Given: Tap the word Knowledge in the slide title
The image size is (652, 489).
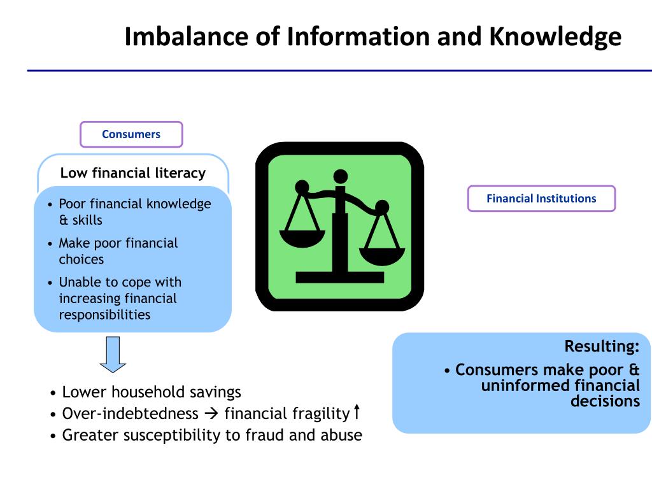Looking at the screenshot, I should (x=555, y=36).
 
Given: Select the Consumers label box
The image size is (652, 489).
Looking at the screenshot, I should (x=131, y=134).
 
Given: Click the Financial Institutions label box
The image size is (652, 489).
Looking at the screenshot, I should (x=541, y=199).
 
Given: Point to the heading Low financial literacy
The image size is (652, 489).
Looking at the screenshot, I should (x=133, y=173).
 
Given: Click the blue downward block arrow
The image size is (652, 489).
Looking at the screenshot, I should (x=113, y=354).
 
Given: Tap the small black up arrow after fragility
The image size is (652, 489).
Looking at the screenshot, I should (x=357, y=412).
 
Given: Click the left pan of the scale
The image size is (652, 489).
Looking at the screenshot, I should (x=302, y=238).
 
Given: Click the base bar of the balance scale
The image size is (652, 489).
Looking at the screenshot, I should (x=340, y=278).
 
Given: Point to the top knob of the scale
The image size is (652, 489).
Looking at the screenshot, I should (x=341, y=176).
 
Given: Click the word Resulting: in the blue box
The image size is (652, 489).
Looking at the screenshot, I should (x=602, y=346).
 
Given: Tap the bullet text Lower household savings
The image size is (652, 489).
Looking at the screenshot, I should (x=152, y=392).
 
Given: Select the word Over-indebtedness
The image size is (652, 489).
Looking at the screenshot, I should (x=131, y=414).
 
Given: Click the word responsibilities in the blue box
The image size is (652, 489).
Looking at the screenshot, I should (x=105, y=315).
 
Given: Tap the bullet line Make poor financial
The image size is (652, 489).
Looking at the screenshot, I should (x=118, y=243).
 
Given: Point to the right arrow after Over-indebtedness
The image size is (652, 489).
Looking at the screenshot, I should (x=211, y=415).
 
